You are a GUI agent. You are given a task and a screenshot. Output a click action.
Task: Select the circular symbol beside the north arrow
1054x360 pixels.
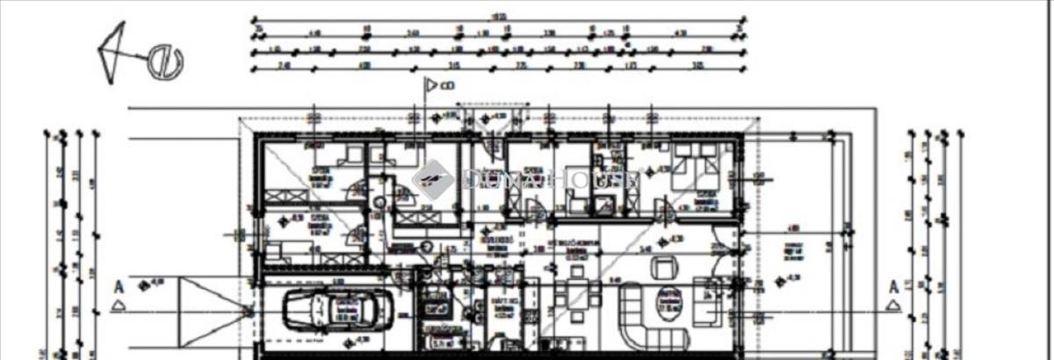(164, 61)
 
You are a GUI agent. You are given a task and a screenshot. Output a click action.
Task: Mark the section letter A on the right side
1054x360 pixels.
(892, 286)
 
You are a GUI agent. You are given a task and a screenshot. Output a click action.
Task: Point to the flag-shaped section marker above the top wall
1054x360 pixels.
(433, 84)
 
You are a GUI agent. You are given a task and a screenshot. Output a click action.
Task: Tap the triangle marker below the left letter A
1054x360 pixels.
(118, 308)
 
